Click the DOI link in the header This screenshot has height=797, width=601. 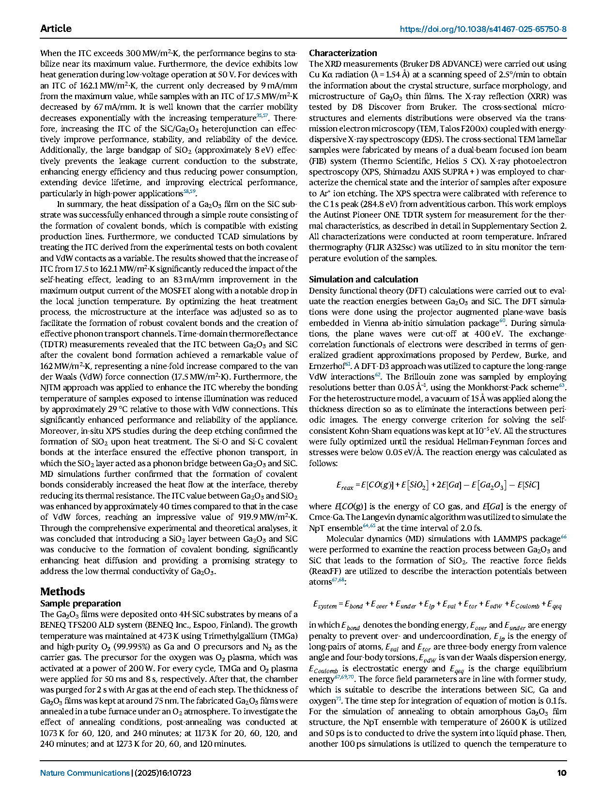(483, 29)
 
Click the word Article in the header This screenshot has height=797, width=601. (56, 29)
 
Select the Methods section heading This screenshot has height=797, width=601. (62, 591)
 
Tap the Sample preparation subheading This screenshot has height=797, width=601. (80, 603)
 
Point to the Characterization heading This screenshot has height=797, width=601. (343, 53)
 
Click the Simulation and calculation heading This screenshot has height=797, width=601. (363, 279)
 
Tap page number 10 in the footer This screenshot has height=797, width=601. (561, 773)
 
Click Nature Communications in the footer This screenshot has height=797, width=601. (85, 773)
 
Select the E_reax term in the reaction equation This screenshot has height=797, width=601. (345, 485)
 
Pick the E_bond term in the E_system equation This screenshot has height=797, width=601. (354, 605)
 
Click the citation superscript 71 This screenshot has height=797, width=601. (339, 698)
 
